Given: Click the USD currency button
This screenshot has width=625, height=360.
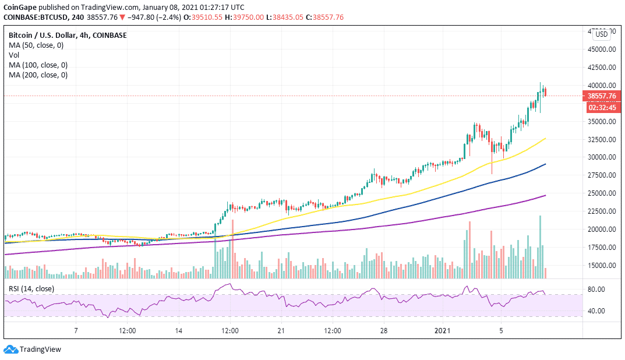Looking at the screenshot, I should (601, 34).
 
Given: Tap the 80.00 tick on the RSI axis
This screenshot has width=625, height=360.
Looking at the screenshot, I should (597, 290).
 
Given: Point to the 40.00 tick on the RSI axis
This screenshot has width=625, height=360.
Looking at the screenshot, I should (597, 311).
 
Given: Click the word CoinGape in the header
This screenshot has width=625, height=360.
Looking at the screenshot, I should (20, 7).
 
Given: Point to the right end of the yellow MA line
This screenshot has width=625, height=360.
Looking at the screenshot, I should (545, 139).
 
